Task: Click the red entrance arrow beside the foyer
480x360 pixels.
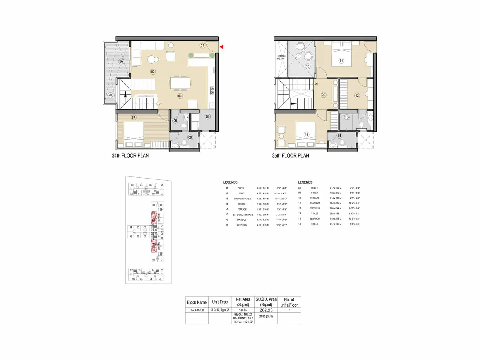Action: point(222,47)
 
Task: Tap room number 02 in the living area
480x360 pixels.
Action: point(153,72)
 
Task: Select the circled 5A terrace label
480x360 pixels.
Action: point(121,61)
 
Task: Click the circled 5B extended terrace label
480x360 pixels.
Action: point(110,95)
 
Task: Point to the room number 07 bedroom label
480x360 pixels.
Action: point(133,117)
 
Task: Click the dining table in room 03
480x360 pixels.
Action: point(180,83)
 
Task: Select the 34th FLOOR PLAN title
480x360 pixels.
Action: point(130,155)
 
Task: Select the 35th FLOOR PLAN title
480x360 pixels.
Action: point(290,155)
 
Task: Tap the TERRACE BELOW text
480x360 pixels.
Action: point(281,57)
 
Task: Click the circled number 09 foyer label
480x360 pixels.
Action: point(323,95)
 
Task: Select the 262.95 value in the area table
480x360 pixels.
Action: point(266,310)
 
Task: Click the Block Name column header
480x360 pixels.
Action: point(197,302)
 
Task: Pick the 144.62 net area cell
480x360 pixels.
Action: point(243,310)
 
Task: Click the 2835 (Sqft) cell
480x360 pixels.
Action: point(266,316)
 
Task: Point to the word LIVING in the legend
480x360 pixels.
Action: point(241,193)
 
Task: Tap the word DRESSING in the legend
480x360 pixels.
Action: point(315,208)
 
